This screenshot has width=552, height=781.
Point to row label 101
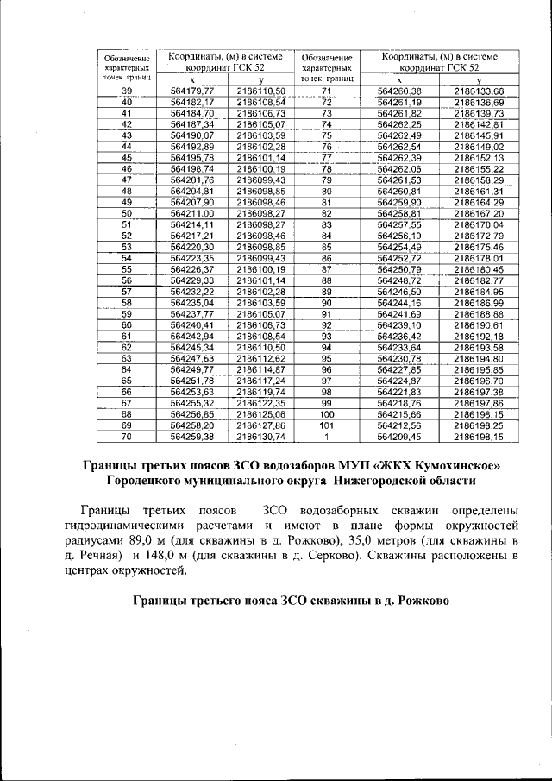(x=326, y=425)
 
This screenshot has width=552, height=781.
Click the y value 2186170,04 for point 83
(x=484, y=224)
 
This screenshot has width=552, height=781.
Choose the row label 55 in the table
(x=127, y=268)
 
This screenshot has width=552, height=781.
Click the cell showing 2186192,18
(x=484, y=336)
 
